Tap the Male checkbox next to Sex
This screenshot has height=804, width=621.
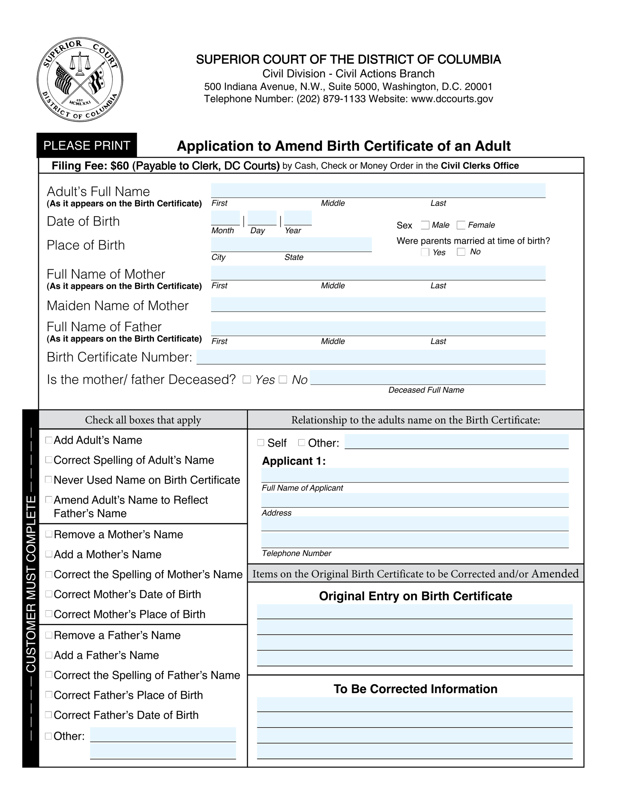point(425,225)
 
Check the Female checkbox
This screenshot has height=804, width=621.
point(461,225)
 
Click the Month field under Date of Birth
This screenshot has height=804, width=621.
point(225,218)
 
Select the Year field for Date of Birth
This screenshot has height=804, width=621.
point(298,218)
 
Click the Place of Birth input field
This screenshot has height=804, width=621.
point(291,244)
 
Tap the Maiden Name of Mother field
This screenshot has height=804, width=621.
point(378,304)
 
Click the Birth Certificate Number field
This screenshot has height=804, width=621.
point(371,357)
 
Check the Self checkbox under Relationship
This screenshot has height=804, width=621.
point(260,443)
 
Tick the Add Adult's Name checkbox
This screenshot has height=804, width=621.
point(49,440)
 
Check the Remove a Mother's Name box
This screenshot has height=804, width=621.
point(49,534)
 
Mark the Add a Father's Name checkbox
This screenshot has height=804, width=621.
point(49,655)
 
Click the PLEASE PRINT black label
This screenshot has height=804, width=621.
point(86,145)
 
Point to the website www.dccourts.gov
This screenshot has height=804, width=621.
point(452,99)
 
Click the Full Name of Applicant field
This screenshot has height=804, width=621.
point(414,475)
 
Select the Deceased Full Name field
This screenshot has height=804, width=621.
point(428,377)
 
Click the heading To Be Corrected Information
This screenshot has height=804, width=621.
point(415,689)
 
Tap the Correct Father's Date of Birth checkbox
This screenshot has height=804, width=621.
point(49,715)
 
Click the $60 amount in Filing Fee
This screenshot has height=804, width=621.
point(120,166)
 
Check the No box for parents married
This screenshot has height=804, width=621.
point(461,252)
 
